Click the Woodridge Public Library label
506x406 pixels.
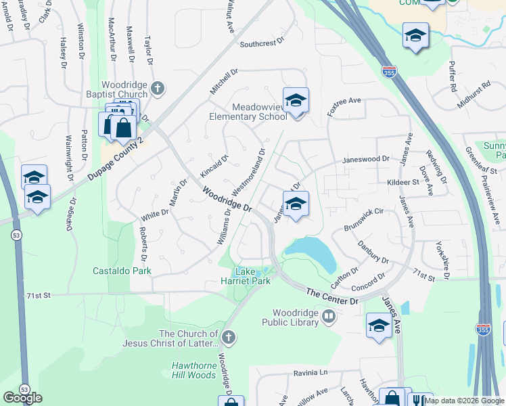[296, 317]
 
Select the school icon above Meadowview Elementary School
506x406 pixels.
[296, 101]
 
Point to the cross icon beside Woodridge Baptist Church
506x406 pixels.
[158, 88]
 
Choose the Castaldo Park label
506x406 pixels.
[122, 271]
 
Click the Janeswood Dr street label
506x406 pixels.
[367, 160]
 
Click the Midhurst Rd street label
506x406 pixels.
[473, 95]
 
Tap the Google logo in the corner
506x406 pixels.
[22, 398]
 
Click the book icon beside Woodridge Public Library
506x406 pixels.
[329, 316]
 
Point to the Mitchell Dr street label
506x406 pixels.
[225, 81]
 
